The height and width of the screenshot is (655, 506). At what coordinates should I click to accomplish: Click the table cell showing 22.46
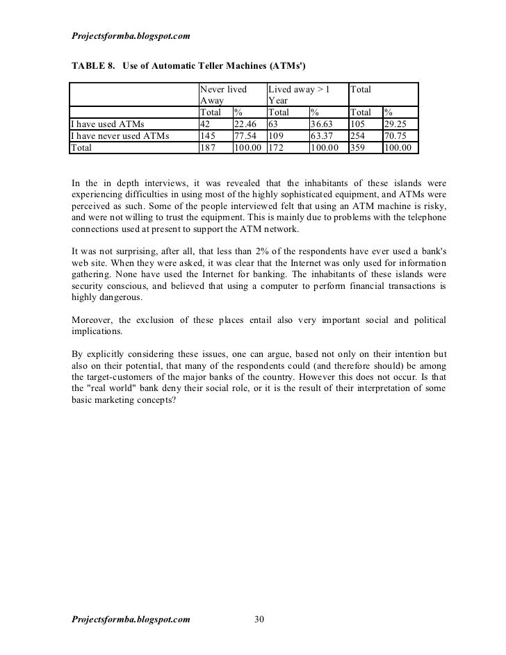245,124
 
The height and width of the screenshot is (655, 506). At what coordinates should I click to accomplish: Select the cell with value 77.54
245,136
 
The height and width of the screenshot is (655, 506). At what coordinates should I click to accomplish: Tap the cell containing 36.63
322,124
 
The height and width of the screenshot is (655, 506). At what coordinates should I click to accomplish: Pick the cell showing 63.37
322,136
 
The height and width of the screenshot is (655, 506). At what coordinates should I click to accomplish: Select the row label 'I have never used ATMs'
120,136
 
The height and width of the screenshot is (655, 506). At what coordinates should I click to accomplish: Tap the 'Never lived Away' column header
222,94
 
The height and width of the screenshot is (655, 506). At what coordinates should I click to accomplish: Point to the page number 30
259,620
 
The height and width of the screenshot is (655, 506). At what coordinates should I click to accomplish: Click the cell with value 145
207,136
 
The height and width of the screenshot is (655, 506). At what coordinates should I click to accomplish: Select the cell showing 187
207,148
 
